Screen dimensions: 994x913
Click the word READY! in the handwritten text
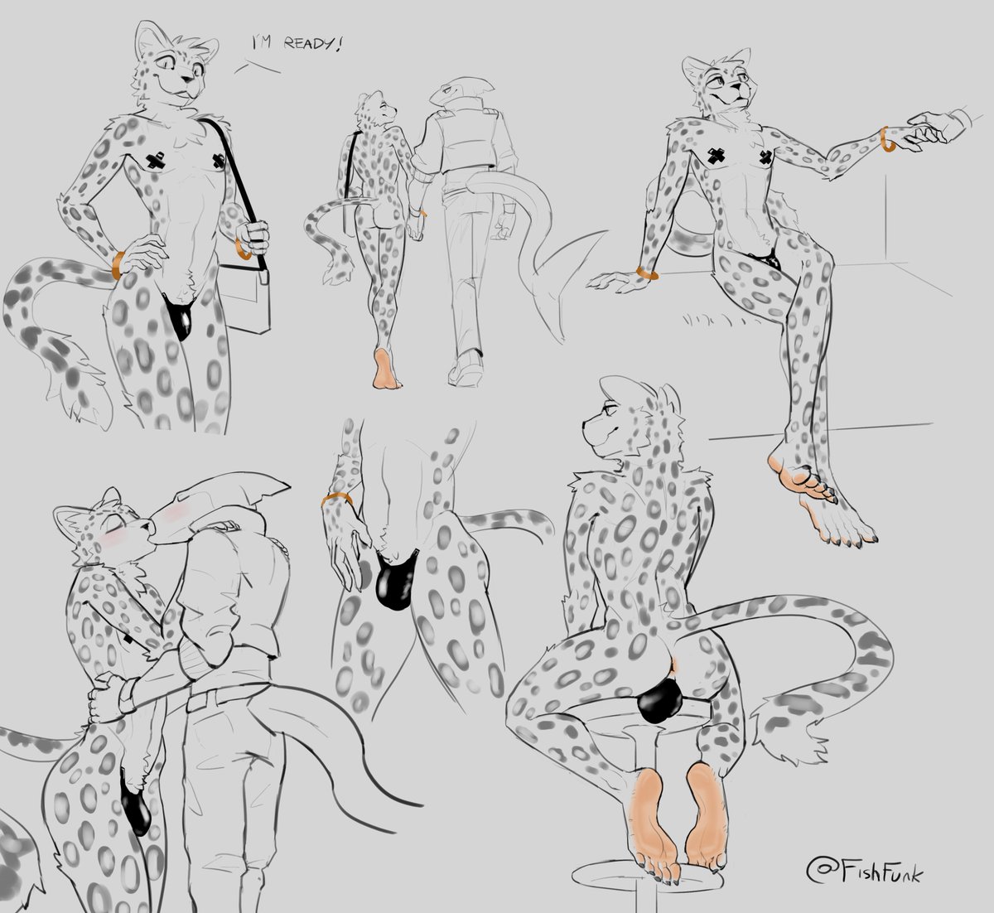312,44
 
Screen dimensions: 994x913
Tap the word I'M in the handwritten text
262,42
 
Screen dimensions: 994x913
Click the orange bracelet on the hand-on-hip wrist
118,264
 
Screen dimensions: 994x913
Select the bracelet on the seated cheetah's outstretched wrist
885,139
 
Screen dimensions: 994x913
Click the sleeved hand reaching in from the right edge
938,128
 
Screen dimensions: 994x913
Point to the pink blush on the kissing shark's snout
173,514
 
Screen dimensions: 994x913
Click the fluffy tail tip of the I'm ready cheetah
75,392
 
